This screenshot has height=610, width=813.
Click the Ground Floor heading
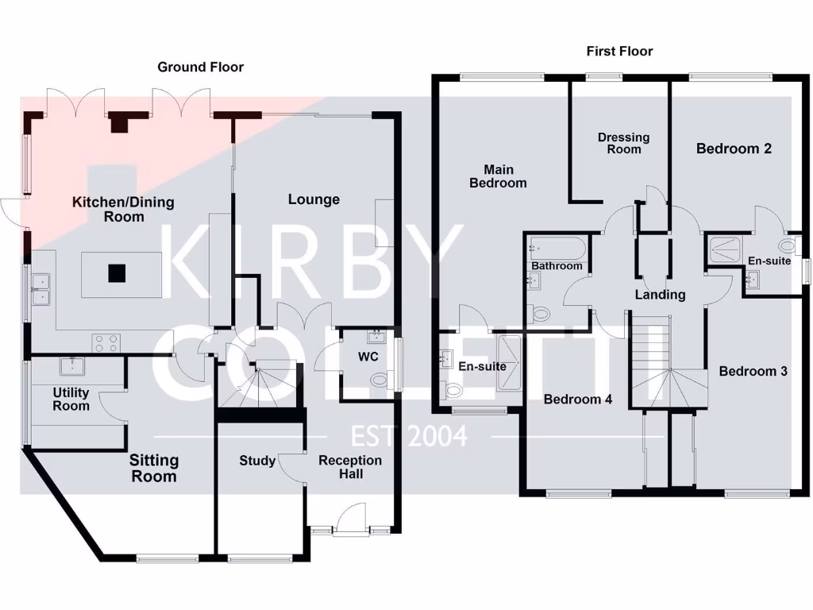pos(200,67)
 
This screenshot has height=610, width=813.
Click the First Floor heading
pos(619,51)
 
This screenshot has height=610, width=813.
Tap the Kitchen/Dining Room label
pos(123,209)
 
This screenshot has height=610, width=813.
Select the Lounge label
pos(314,199)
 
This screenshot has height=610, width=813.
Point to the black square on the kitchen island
pos(117,273)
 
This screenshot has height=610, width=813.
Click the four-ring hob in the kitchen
pos(107,342)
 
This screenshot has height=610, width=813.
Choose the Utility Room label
pos(71,399)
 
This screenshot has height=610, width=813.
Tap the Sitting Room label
pos(154,468)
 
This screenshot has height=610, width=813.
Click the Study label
pos(257,461)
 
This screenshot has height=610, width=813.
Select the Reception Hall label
pos(350,467)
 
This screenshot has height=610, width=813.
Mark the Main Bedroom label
pos(498,176)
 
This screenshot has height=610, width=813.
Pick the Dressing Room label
pos(623,143)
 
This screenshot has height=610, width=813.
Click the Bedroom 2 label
pos(734,149)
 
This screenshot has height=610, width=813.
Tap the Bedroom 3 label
pos(753,371)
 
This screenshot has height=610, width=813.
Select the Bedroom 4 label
pos(577,400)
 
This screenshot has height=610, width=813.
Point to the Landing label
pos(660,295)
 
